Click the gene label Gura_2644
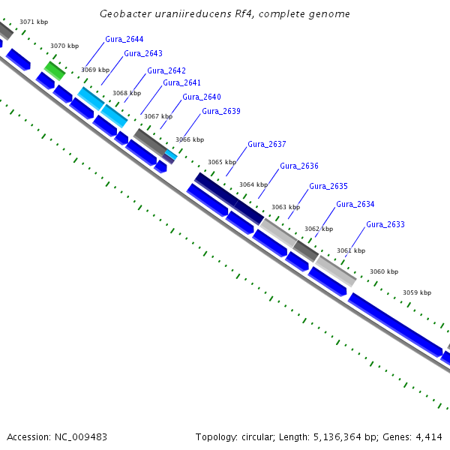(124, 39)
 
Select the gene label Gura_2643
(143, 53)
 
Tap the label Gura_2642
(166, 70)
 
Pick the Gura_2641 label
(182, 82)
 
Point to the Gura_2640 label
(202, 97)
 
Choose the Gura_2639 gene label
(221, 111)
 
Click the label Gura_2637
(267, 144)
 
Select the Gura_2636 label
(299, 166)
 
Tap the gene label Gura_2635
(328, 186)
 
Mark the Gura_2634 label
(355, 204)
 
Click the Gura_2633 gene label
(385, 224)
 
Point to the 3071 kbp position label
(34, 22)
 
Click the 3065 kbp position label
(222, 162)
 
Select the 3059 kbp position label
(417, 292)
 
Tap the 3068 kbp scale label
(127, 94)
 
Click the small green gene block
(54, 71)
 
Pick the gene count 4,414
(428, 436)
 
